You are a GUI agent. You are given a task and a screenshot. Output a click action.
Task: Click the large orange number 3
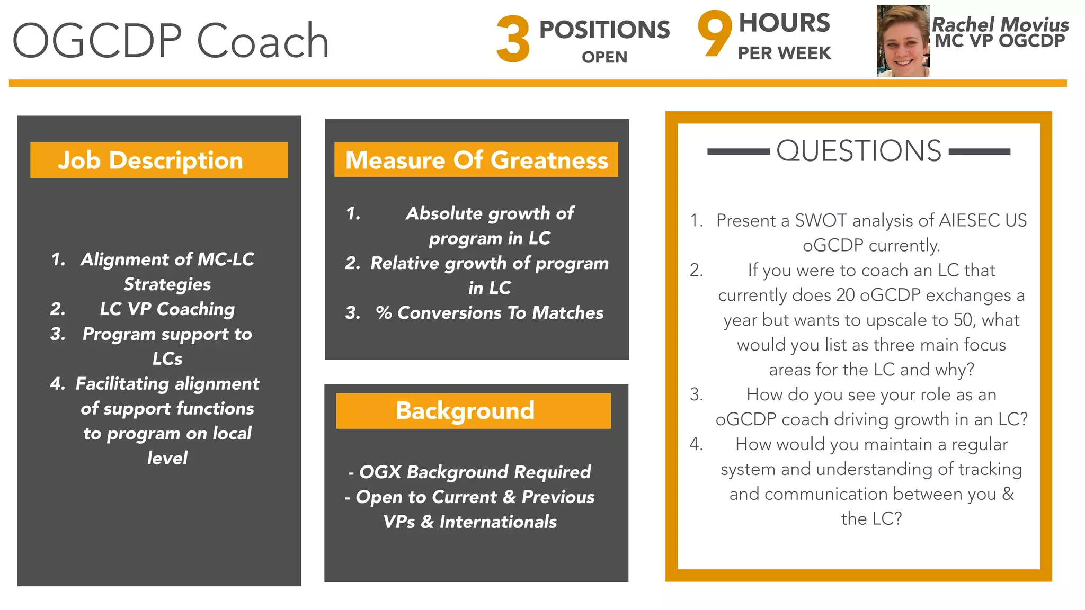pyautogui.click(x=513, y=39)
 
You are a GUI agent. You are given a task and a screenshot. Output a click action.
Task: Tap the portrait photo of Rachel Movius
pyautogui.click(x=903, y=41)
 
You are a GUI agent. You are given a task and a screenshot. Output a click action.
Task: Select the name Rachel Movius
pyautogui.click(x=1000, y=24)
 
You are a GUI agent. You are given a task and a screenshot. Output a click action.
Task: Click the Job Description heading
pyautogui.click(x=150, y=160)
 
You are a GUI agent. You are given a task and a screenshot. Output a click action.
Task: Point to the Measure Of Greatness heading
pyautogui.click(x=476, y=160)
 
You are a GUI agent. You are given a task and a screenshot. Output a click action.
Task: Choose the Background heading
pyautogui.click(x=465, y=411)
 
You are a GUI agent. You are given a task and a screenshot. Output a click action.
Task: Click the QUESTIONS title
pyautogui.click(x=859, y=151)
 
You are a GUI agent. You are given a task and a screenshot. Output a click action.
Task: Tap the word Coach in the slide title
pyautogui.click(x=263, y=41)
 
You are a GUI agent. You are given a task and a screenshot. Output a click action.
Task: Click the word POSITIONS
pyautogui.click(x=604, y=30)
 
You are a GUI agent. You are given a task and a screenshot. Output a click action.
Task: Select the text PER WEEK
pyautogui.click(x=784, y=53)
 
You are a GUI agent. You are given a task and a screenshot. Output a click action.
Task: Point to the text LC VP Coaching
pyautogui.click(x=167, y=309)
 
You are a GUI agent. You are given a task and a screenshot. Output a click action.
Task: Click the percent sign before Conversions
pyautogui.click(x=384, y=313)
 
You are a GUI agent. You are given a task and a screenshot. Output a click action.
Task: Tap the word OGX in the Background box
pyautogui.click(x=380, y=472)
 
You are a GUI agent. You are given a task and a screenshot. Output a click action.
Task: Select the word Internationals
pyautogui.click(x=498, y=522)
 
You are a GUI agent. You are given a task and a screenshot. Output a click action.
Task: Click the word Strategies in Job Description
pyautogui.click(x=167, y=284)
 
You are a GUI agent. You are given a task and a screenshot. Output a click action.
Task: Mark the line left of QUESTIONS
pyautogui.click(x=738, y=151)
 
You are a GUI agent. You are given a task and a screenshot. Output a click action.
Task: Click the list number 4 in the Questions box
pyautogui.click(x=696, y=444)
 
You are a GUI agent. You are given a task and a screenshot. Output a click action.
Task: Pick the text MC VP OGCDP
pyautogui.click(x=999, y=41)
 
